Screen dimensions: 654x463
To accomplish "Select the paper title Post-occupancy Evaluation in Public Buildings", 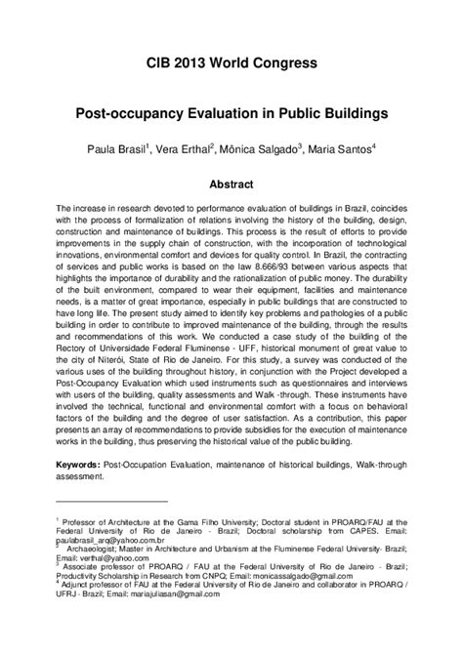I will click(x=231, y=114).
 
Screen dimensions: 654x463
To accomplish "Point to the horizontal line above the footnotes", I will click(x=111, y=528).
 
